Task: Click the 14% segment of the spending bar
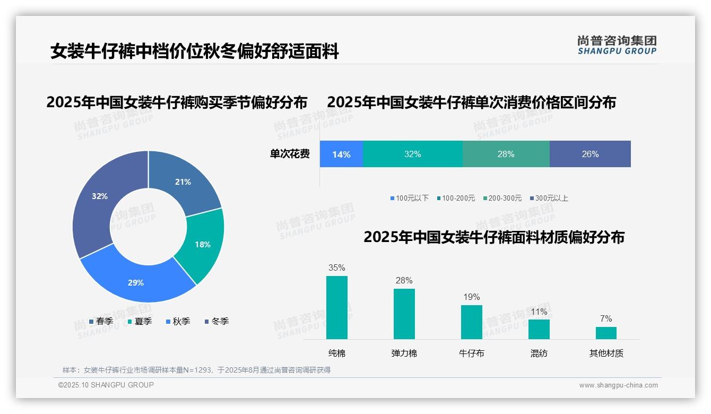(x=341, y=154)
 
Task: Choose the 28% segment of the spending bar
(x=506, y=154)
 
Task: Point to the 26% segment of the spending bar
(x=590, y=154)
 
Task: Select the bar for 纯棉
(x=337, y=307)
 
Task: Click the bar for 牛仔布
(x=471, y=322)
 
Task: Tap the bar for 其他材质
(x=606, y=333)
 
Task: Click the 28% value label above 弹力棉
(x=404, y=281)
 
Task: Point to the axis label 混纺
(x=539, y=353)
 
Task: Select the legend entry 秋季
(x=181, y=322)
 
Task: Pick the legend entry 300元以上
(x=551, y=199)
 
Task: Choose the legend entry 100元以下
(x=412, y=199)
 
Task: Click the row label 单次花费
(x=290, y=154)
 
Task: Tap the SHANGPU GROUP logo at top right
(x=617, y=45)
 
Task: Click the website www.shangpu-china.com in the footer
(x=618, y=385)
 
